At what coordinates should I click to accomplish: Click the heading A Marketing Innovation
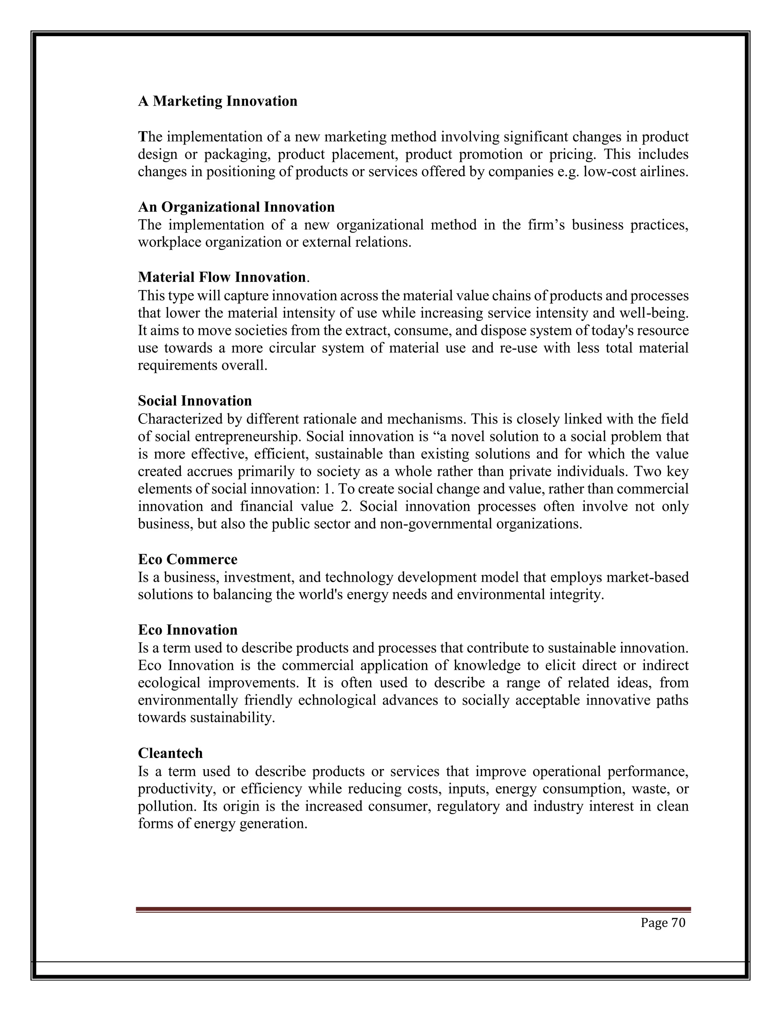217,101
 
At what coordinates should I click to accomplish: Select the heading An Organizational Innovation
236,206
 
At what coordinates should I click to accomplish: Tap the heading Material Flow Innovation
222,277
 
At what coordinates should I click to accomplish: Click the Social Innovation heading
195,401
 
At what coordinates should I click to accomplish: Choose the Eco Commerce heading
187,559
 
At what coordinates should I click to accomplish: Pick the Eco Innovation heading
187,629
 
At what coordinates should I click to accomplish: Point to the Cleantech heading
170,753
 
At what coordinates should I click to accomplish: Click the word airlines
668,172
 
